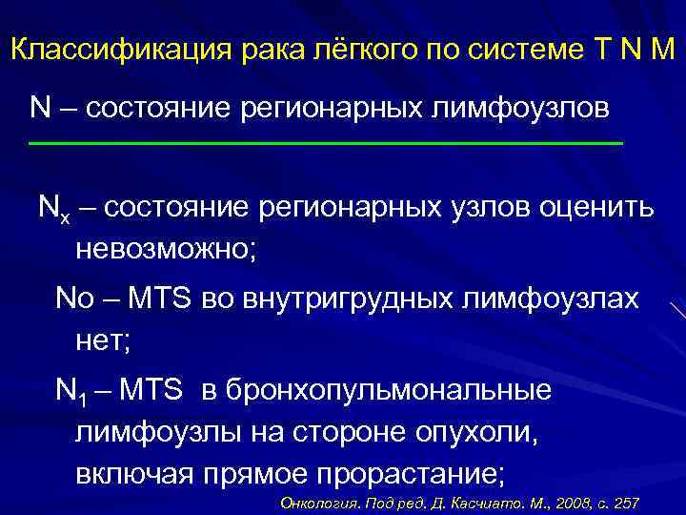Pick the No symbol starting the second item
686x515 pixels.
click(71, 299)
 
